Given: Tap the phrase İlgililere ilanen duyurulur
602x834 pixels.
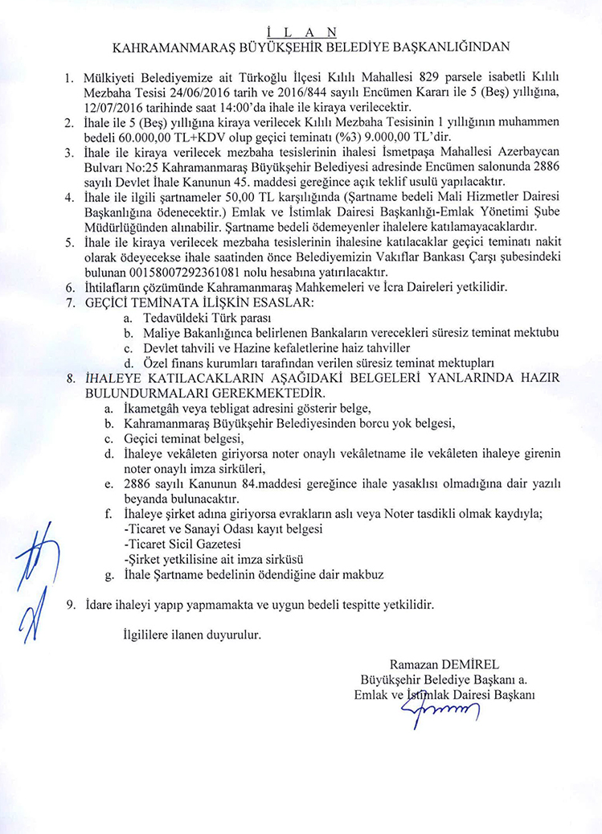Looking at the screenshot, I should click(x=190, y=635).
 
